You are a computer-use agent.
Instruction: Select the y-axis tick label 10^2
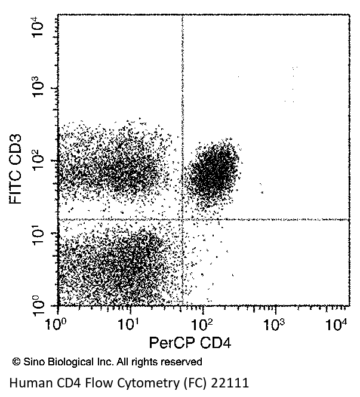coord(39,161)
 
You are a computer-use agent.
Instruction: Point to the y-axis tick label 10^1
coord(39,233)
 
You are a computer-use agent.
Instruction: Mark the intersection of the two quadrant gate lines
coord(181,220)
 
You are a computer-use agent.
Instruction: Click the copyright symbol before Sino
coord(16,362)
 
